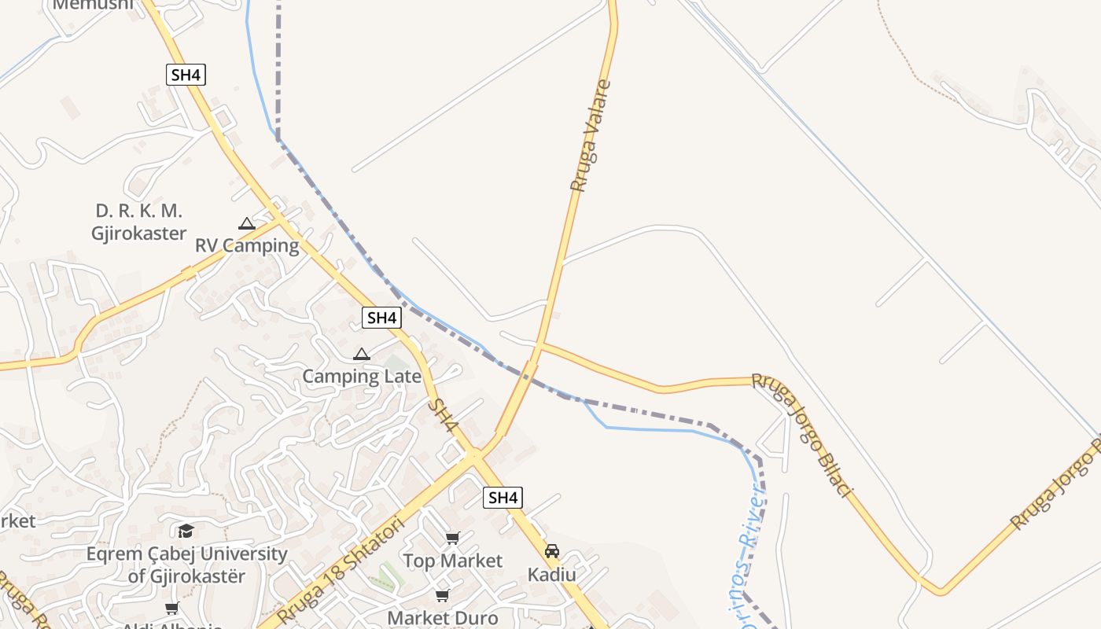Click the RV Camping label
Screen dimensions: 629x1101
(x=247, y=245)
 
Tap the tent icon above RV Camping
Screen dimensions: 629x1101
(x=247, y=224)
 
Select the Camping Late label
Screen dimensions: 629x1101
(x=362, y=376)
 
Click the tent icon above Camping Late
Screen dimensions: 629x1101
(x=361, y=354)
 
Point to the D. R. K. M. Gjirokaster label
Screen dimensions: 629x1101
(x=139, y=222)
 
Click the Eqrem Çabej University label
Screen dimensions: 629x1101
(x=187, y=565)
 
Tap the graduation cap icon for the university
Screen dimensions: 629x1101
(x=186, y=531)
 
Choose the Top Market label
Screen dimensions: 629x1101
(x=452, y=561)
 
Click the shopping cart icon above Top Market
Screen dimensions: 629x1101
(x=452, y=539)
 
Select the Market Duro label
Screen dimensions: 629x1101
(x=443, y=617)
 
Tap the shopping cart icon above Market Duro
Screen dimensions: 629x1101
(x=443, y=595)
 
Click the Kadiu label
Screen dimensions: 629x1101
(x=552, y=574)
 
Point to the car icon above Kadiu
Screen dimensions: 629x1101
(x=552, y=551)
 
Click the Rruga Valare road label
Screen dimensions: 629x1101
(x=591, y=136)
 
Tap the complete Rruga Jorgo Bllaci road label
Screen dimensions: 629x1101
(x=802, y=434)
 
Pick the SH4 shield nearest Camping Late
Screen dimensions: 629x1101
(x=382, y=318)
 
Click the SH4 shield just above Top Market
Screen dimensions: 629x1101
(x=503, y=497)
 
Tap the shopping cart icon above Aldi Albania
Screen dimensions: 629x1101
(x=171, y=608)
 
